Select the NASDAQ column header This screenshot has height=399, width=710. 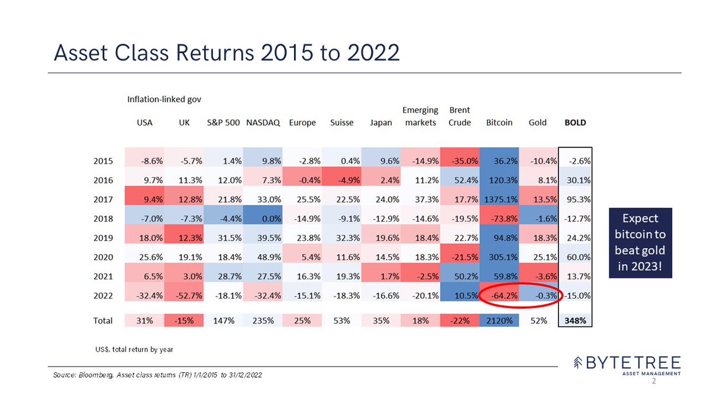click(259, 123)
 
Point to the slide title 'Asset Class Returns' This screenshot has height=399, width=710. click(226, 53)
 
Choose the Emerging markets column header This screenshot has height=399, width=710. click(420, 116)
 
